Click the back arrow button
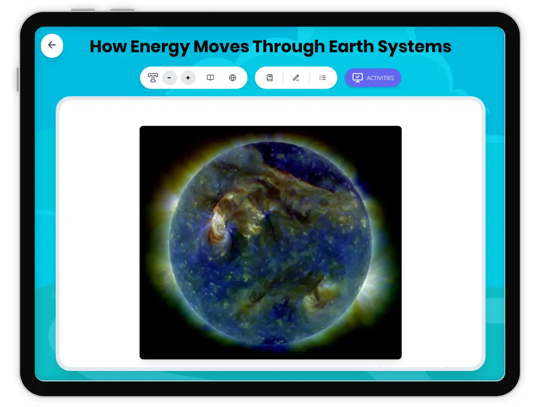click(x=52, y=45)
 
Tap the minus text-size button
click(x=169, y=78)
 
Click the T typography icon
click(x=152, y=78)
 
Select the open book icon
click(x=210, y=78)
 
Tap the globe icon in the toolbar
click(x=233, y=78)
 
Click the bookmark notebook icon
click(x=269, y=78)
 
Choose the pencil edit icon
click(x=296, y=78)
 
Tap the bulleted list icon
click(x=323, y=78)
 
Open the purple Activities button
click(x=373, y=78)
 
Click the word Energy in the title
click(x=160, y=47)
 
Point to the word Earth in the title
click(x=351, y=46)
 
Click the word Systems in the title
click(x=415, y=47)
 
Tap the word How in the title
click(x=108, y=46)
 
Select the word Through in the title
click(x=289, y=47)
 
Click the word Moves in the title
click(x=221, y=46)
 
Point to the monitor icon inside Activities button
click(x=358, y=78)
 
